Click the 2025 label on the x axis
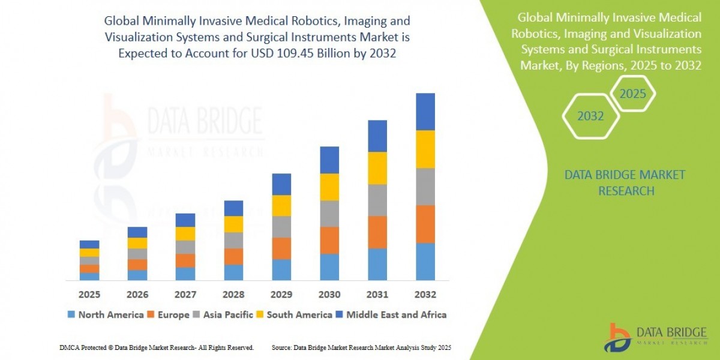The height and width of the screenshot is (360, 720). click(89, 295)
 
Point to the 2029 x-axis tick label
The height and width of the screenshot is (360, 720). click(281, 295)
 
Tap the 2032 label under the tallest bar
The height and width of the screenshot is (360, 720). click(425, 295)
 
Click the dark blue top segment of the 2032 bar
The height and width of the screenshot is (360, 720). click(425, 112)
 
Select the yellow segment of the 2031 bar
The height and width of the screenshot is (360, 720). click(377, 168)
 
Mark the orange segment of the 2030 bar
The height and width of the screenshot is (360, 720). click(329, 240)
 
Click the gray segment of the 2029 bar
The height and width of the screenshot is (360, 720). click(281, 227)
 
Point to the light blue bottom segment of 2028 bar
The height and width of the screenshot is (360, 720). click(233, 272)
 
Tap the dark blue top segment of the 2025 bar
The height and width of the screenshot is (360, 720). click(89, 244)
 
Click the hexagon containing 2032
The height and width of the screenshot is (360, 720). click(590, 116)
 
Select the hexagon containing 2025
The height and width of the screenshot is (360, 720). click(632, 94)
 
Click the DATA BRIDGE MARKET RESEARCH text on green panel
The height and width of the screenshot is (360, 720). click(625, 182)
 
